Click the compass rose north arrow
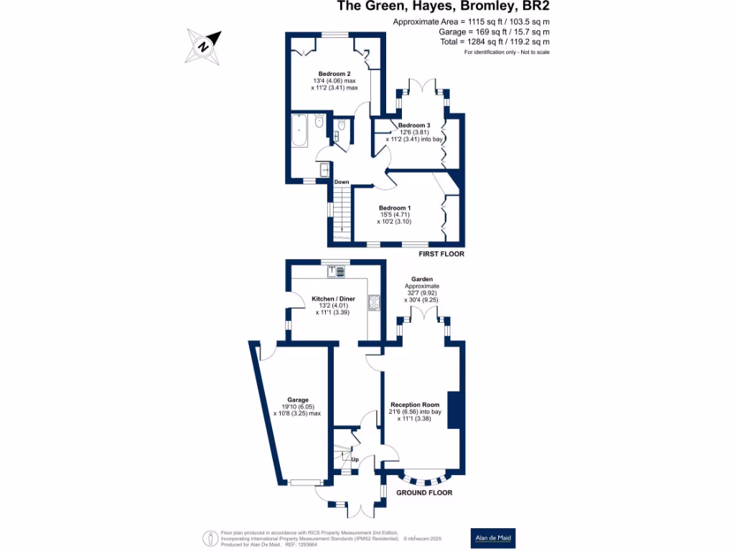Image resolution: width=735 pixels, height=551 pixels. click(204, 46)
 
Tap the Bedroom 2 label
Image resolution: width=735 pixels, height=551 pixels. click(334, 74)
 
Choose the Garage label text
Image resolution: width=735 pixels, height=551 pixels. click(298, 400)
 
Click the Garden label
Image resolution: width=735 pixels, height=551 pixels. click(421, 278)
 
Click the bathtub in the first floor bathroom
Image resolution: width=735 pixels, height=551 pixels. click(299, 131)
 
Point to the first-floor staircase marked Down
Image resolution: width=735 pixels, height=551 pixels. click(341, 212)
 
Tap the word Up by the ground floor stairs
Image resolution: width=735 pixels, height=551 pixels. click(355, 458)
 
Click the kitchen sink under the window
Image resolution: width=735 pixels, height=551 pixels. click(336, 270)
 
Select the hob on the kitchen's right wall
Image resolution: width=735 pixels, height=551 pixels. click(373, 303)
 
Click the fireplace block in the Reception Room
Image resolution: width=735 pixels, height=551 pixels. click(454, 410)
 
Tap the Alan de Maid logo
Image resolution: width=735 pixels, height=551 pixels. click(492, 538)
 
